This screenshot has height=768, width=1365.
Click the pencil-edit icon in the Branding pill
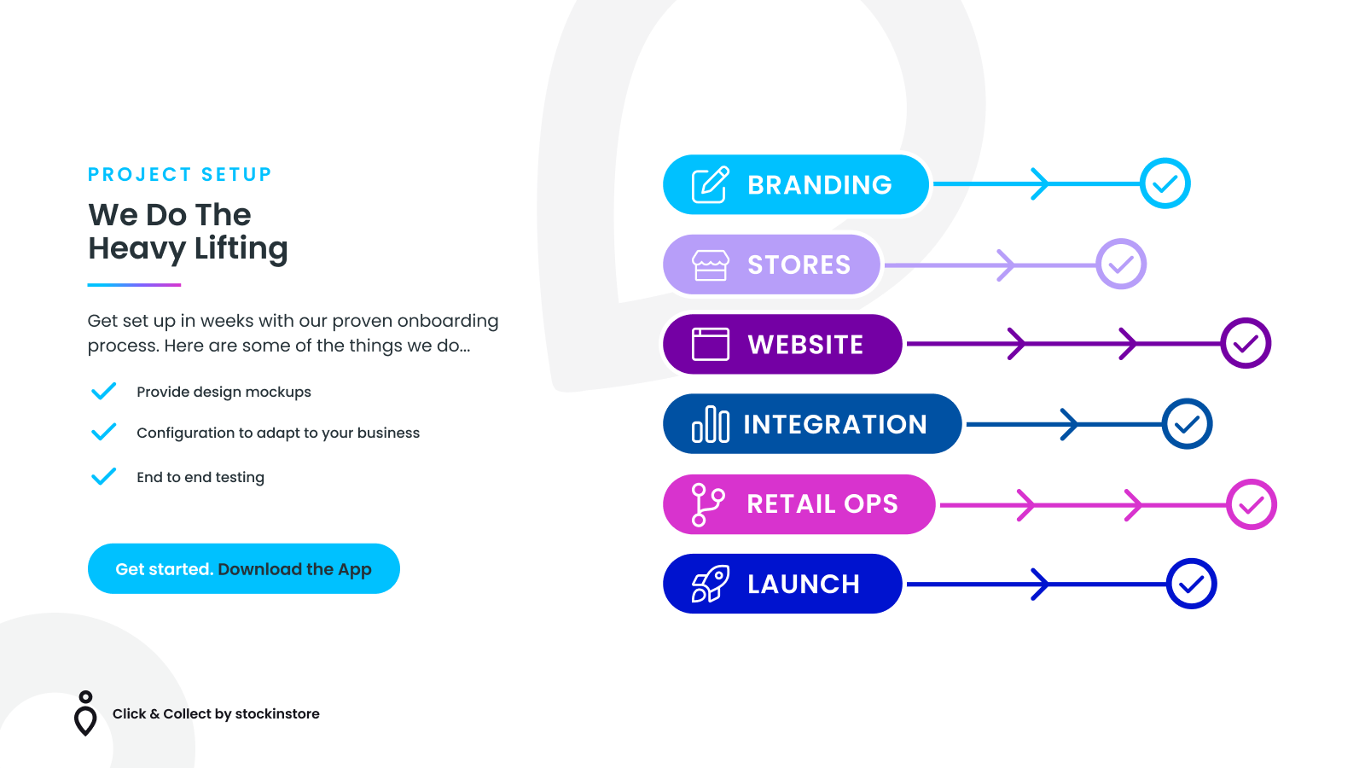point(711,184)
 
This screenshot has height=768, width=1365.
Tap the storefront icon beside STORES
point(711,265)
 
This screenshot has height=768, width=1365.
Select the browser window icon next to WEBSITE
point(711,345)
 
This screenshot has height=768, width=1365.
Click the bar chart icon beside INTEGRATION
point(711,424)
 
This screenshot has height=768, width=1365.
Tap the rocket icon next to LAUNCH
point(711,584)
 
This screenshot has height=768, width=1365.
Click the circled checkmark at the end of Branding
point(1165,183)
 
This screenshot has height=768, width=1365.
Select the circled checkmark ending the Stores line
point(1121,264)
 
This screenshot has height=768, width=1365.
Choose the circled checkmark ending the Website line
point(1246,343)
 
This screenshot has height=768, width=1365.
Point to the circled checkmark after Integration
point(1187,423)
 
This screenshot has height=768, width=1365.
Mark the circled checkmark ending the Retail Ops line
point(1252,504)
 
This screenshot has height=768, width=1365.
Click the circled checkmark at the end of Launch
point(1191,584)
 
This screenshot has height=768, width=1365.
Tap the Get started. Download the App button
point(244,568)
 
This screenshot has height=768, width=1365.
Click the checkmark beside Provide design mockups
point(103,391)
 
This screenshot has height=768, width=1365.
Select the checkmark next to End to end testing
point(103,476)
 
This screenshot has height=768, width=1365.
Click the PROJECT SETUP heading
point(180,174)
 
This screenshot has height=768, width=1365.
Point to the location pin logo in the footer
point(85,713)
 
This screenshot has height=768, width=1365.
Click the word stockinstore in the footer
point(277,713)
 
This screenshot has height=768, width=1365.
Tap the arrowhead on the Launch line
point(1040,584)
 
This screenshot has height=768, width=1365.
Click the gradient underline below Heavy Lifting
point(134,285)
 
